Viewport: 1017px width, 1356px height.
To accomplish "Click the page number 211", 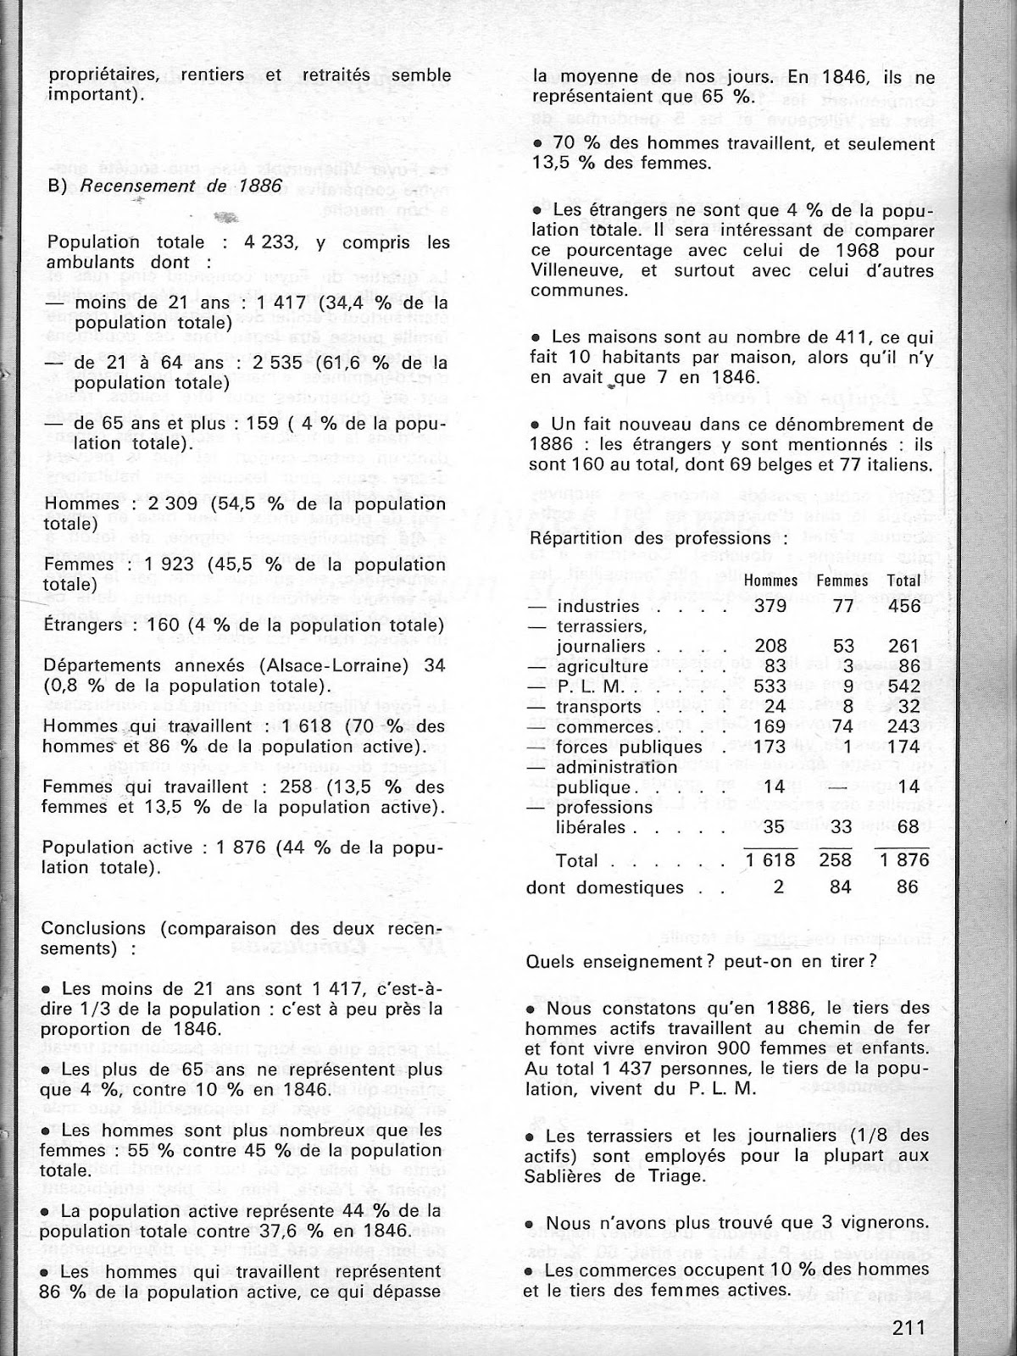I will (909, 1327).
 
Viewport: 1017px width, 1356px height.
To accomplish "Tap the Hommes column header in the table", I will (771, 581).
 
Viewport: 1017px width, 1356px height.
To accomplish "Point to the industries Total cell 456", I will (907, 606).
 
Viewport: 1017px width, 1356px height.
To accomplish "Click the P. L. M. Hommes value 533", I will (770, 686).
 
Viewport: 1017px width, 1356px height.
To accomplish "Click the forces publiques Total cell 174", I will (907, 747).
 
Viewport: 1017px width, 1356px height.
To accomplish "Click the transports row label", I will (598, 707).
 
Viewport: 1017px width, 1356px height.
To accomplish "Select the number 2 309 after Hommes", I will (147, 504).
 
